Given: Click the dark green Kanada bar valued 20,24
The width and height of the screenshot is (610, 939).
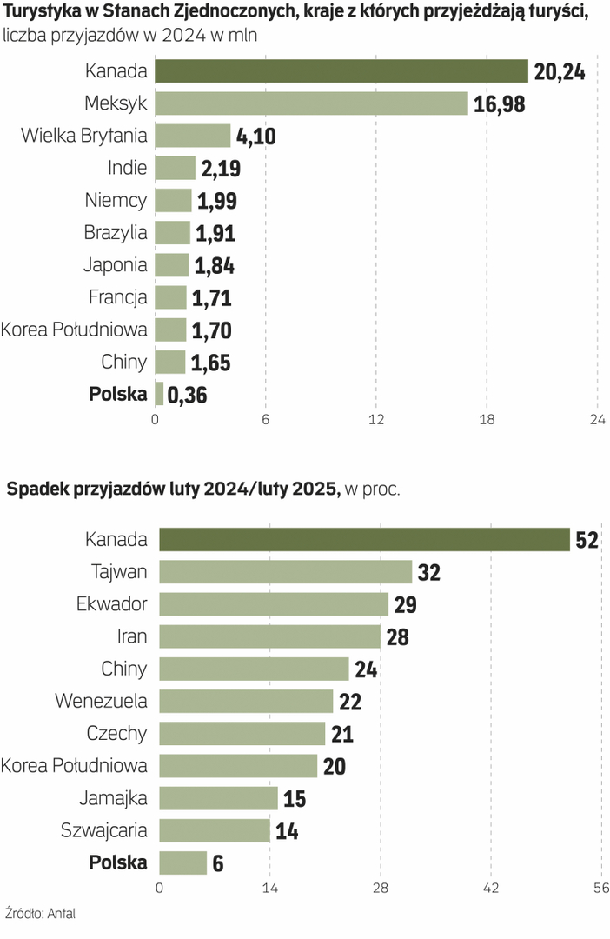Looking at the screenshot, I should point(341,71).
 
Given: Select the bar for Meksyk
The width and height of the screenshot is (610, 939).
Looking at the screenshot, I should point(312,103).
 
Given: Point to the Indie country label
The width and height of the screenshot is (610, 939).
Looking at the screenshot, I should point(128,168).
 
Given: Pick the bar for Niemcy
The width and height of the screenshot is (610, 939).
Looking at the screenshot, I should point(174,200).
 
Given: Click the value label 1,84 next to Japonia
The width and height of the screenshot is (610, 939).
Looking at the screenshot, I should point(214,265).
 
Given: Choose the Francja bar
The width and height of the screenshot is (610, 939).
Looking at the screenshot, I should point(171,297).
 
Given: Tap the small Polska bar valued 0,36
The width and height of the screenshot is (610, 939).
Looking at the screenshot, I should point(160,394).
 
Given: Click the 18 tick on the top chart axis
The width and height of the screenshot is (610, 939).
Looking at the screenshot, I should point(487,420).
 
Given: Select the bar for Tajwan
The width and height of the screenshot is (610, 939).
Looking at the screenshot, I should point(285,571).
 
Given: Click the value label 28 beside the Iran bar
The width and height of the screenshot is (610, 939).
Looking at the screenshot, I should point(397,637).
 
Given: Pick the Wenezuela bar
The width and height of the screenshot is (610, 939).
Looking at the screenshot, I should point(246,701).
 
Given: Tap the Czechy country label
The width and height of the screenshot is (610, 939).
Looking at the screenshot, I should point(117,733).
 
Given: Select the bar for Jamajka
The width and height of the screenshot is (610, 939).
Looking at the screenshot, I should point(218,797).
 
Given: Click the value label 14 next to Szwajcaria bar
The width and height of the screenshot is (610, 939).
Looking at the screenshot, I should point(287,831).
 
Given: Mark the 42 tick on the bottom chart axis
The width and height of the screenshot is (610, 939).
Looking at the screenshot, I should point(490,888).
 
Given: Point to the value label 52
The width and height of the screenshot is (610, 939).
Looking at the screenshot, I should point(587,540).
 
